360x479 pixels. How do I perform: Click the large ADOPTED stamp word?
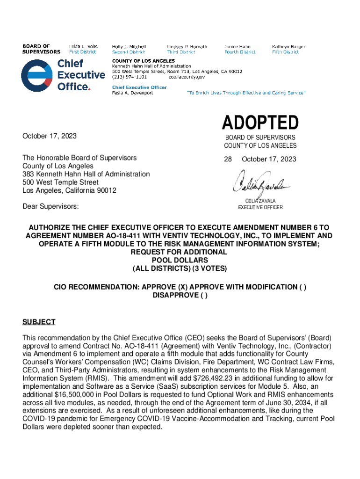(260, 123)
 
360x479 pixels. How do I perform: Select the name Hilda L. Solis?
(83, 47)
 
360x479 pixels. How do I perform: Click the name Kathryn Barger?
(288, 47)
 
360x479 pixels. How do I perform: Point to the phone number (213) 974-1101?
(126, 77)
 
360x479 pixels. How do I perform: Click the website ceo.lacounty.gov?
(187, 77)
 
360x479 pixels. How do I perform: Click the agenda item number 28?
(228, 160)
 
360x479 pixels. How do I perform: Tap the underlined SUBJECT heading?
(39, 322)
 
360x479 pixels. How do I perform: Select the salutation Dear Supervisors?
(50, 206)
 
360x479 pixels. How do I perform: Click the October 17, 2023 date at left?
(50, 136)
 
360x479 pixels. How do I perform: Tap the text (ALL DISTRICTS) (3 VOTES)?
(180, 269)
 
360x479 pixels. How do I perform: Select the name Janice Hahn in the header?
(237, 47)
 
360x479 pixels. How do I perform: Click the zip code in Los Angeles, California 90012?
(106, 190)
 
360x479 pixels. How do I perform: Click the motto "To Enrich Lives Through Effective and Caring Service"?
(246, 93)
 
